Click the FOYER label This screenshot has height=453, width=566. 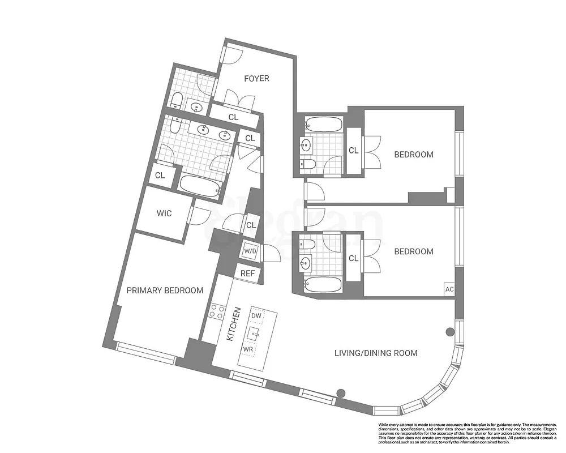[x=256, y=78]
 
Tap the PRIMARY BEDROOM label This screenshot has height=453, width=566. [x=165, y=290]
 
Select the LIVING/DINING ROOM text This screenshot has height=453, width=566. [x=376, y=353]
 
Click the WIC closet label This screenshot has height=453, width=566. [x=164, y=213]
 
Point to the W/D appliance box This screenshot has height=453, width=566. [x=250, y=251]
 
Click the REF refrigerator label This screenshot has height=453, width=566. [x=248, y=273]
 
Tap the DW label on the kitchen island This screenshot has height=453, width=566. [x=256, y=315]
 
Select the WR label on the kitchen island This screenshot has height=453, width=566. [x=248, y=349]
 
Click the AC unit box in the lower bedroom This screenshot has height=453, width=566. [x=450, y=289]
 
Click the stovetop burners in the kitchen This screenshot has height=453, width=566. [x=218, y=311]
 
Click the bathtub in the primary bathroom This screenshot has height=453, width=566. [x=199, y=186]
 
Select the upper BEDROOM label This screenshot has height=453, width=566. [x=414, y=155]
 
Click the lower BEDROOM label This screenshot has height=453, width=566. [x=414, y=251]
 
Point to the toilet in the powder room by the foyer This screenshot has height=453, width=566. [x=177, y=102]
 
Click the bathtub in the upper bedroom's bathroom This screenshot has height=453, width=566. [x=323, y=124]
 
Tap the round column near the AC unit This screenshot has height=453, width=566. [x=451, y=332]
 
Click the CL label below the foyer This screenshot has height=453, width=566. [x=233, y=117]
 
